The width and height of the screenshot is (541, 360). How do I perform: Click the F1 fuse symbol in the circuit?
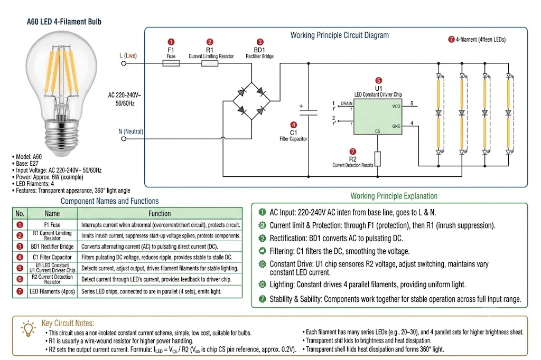click(171, 63)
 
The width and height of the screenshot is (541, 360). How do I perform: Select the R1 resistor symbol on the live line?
click(210, 63)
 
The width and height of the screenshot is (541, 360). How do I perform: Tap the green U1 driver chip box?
click(377, 117)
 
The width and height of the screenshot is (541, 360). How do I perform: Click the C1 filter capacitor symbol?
click(308, 111)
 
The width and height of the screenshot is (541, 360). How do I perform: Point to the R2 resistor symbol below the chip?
click(377, 159)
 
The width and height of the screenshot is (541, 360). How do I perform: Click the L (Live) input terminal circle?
click(124, 63)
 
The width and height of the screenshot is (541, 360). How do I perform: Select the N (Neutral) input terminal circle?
click(124, 139)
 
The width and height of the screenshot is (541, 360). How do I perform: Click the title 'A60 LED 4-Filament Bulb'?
click(64, 22)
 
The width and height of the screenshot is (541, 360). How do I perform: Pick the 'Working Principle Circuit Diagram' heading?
click(340, 35)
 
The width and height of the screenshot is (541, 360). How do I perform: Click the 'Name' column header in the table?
click(52, 213)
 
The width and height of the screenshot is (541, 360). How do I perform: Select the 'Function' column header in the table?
click(160, 213)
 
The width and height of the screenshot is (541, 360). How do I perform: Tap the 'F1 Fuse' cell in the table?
click(52, 225)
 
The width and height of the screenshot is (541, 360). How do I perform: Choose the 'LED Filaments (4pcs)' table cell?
click(52, 291)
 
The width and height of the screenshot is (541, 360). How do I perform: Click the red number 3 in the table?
click(20, 247)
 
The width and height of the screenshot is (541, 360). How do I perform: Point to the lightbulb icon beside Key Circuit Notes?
click(29, 328)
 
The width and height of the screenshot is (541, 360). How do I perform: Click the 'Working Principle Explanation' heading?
click(394, 196)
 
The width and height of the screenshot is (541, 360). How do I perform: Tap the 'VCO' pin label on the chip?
click(396, 106)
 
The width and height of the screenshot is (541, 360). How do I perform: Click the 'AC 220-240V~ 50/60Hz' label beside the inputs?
click(125, 99)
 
